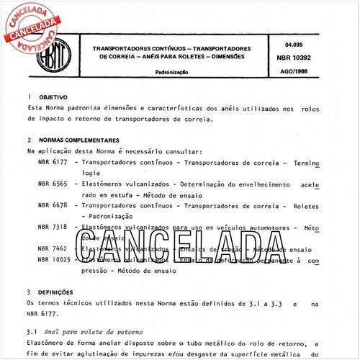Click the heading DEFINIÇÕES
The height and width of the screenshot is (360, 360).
tap(54, 293)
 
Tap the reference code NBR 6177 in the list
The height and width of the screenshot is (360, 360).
tap(53, 164)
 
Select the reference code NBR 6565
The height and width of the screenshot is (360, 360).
tap(53, 185)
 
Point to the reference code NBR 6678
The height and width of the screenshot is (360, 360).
tap(53, 206)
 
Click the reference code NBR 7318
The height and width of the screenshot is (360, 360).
tap(53, 227)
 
